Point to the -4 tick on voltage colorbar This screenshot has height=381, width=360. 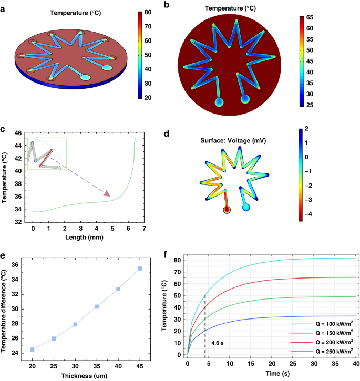point(310,214)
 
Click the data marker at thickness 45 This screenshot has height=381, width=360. point(139,269)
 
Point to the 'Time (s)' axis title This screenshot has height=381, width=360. point(271,374)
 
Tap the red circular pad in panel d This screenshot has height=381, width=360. point(227,210)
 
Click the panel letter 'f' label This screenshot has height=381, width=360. point(167,255)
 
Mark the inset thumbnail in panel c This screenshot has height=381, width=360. point(45,154)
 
